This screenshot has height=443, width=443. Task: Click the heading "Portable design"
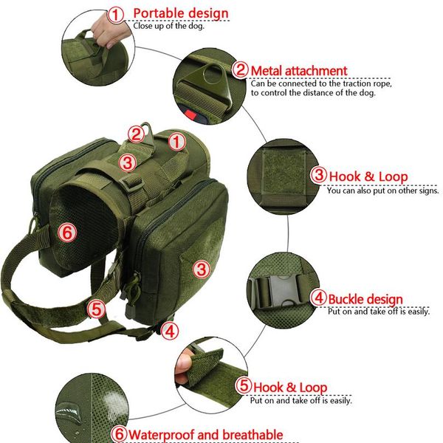[x=181, y=13]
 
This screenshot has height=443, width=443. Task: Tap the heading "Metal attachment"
[x=298, y=71]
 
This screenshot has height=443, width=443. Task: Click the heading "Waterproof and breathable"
[x=206, y=434]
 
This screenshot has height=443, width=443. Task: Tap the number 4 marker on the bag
[x=170, y=330]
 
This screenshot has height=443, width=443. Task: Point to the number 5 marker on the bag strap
[x=95, y=308]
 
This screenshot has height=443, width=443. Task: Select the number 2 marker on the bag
[x=135, y=134]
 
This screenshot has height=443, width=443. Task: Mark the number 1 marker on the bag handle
[x=176, y=140]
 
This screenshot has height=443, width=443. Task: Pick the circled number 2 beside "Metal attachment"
[x=241, y=71]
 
